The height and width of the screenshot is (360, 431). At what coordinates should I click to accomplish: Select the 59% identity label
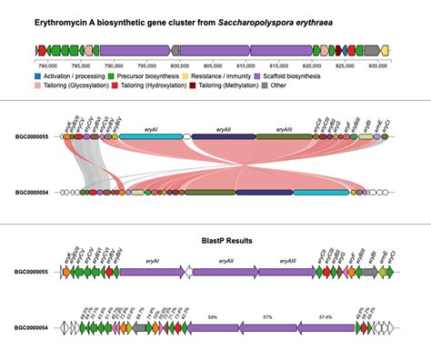tap(211, 316)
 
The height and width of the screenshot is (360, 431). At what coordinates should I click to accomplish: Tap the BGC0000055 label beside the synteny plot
tap(32, 135)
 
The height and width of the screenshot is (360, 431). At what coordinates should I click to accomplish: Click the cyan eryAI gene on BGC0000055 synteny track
tap(151, 136)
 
